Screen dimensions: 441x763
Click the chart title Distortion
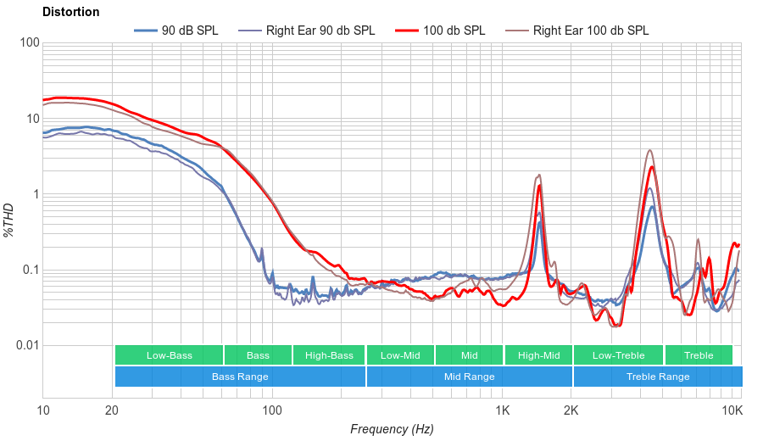[x=70, y=13]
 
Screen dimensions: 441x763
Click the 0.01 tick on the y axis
[x=25, y=345]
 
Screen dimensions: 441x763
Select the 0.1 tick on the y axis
[x=29, y=270]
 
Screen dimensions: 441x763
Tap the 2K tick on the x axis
[x=571, y=411]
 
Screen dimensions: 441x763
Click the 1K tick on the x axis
[x=502, y=411]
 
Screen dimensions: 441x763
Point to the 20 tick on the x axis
[x=112, y=411]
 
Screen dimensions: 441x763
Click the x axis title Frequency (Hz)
[x=392, y=429]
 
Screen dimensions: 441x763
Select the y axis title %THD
[x=9, y=220]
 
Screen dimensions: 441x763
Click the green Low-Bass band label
[x=168, y=355]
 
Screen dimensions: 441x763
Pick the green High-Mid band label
[x=538, y=355]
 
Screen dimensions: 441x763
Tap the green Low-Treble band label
[x=618, y=355]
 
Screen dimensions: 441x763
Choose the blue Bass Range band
[x=240, y=377]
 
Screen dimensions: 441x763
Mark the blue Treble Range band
[x=657, y=377]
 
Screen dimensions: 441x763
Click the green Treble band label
[x=699, y=355]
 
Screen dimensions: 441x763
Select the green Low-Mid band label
[x=400, y=355]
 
